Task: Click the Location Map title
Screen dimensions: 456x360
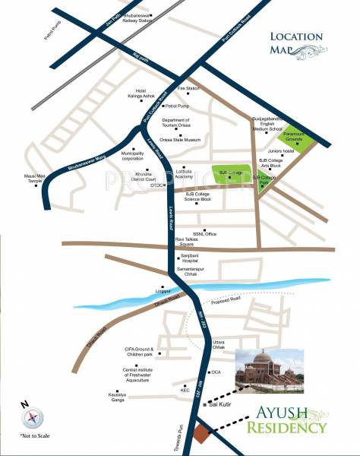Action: pyautogui.click(x=298, y=42)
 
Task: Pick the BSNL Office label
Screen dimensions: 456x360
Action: pyautogui.click(x=205, y=233)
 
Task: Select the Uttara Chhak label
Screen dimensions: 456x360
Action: pyautogui.click(x=219, y=344)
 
